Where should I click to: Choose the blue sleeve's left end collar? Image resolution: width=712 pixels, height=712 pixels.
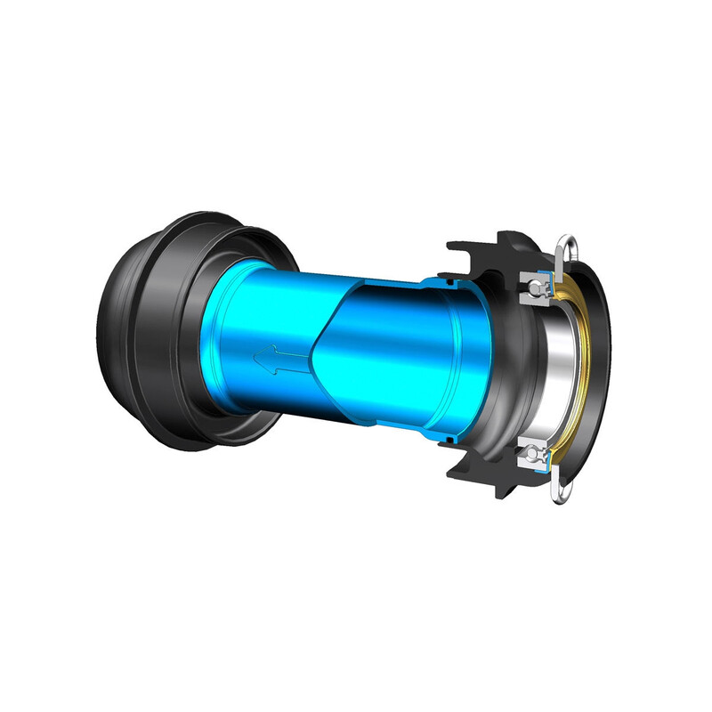point(222,347)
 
